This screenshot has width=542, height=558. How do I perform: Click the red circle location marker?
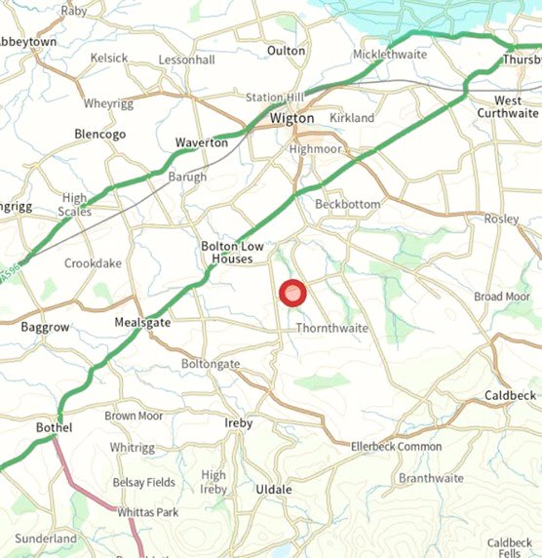(x=292, y=294)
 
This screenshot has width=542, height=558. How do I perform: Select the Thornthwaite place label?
(x=331, y=329)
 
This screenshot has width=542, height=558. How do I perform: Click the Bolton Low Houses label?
(x=227, y=253)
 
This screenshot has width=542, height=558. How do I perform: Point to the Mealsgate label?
(x=142, y=322)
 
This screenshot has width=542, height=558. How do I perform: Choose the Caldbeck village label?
(x=510, y=395)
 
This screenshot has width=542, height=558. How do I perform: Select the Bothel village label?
(x=55, y=428)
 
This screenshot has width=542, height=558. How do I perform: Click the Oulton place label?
(x=287, y=51)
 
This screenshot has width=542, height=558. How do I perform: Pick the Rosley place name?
(x=501, y=219)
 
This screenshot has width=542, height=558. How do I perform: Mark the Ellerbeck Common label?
(x=396, y=447)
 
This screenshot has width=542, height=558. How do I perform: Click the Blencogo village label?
(x=100, y=135)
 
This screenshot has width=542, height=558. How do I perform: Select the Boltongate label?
(x=211, y=364)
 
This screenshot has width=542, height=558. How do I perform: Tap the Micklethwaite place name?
(x=390, y=54)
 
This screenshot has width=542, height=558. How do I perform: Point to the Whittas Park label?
(x=148, y=512)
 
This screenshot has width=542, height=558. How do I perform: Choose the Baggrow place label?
(x=45, y=328)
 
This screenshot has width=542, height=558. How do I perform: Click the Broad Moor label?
(x=502, y=297)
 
